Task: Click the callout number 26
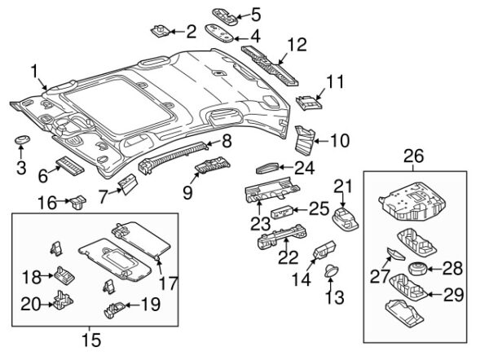414,155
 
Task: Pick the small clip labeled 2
161,32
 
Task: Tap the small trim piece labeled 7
128,185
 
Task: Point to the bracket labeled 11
307,102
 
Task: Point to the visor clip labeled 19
116,307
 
